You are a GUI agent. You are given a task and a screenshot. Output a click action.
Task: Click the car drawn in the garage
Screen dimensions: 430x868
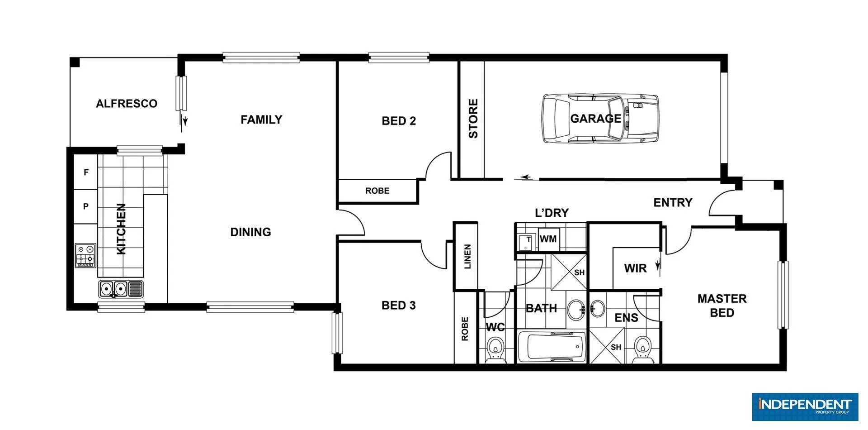(x=599, y=119)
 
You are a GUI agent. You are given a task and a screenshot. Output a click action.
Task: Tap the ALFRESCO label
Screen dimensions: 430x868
(x=127, y=104)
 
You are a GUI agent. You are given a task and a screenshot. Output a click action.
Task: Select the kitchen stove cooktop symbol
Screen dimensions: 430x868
(x=85, y=255)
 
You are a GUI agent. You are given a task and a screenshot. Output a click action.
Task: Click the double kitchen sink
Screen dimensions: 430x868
(x=113, y=288)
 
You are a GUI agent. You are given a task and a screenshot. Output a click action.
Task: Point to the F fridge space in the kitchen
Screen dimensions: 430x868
(x=86, y=172)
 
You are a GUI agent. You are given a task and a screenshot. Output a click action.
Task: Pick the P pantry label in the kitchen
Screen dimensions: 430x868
(x=86, y=206)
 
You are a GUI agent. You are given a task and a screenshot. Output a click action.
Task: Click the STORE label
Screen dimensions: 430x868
(x=472, y=119)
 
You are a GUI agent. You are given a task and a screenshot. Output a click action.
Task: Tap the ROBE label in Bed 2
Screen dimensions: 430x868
(x=377, y=191)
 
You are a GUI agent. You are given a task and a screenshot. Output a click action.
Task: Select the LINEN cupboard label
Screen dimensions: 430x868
(x=467, y=257)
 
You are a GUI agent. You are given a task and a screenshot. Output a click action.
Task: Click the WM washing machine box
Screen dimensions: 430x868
(x=548, y=239)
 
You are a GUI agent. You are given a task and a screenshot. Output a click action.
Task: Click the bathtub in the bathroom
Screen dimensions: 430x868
(x=552, y=347)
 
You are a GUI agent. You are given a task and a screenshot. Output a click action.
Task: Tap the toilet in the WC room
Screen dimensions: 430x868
(x=495, y=349)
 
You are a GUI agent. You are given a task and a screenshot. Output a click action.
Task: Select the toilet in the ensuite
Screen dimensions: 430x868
(x=642, y=349)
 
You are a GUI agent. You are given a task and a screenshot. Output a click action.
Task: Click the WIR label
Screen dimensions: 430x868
(x=635, y=268)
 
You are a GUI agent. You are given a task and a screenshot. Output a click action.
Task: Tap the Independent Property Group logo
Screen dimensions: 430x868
(x=805, y=406)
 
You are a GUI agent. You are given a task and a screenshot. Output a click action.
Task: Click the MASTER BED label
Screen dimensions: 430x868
(x=722, y=306)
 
